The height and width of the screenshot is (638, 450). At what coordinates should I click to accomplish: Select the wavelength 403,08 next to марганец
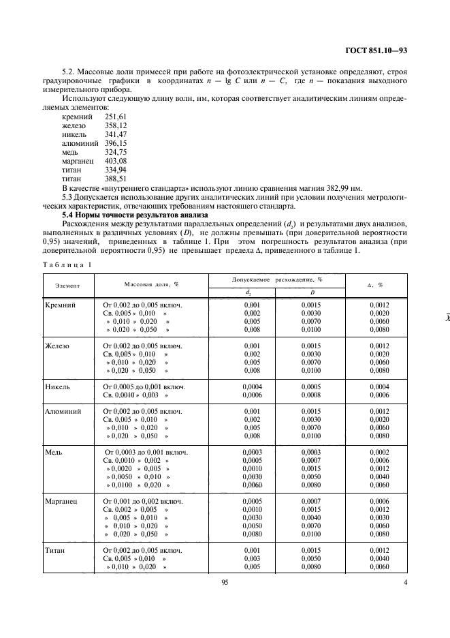[116, 160]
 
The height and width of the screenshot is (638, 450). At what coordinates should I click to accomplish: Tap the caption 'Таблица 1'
[67, 263]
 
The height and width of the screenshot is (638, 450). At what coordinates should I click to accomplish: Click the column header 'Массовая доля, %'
[151, 284]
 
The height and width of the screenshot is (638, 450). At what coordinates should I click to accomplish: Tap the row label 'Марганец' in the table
[62, 501]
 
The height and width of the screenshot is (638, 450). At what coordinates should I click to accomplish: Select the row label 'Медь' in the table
[55, 452]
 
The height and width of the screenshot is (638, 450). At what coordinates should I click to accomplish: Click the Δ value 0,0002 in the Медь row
[380, 452]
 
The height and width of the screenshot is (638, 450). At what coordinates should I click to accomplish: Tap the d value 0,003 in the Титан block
[252, 558]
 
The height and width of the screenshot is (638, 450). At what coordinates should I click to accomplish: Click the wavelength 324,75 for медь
[116, 152]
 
